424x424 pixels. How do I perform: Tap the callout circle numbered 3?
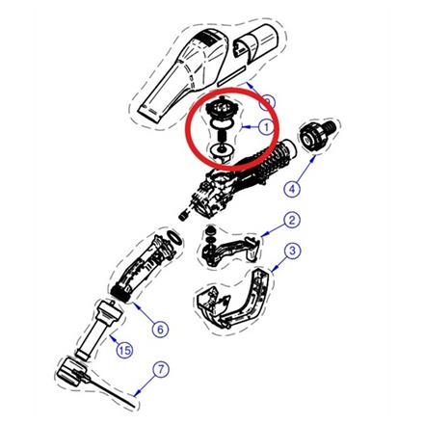coord(293,252)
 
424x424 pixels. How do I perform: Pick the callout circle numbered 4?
coord(293,189)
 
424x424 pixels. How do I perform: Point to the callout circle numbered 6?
coord(160,329)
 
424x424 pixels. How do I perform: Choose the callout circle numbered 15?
coord(123,350)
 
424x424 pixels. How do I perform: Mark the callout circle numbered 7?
coord(160,369)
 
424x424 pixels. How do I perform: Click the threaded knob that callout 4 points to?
coord(314,138)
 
